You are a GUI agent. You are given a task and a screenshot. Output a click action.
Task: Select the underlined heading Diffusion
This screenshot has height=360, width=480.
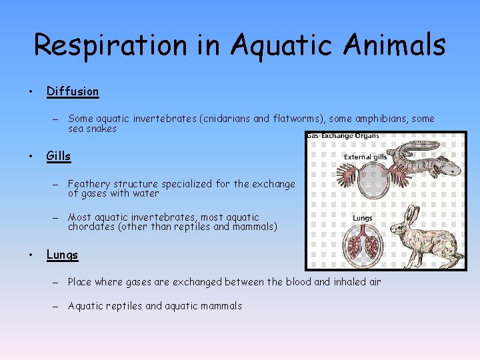click(x=72, y=91)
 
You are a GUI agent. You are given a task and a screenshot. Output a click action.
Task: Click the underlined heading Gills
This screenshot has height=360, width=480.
click(x=58, y=156)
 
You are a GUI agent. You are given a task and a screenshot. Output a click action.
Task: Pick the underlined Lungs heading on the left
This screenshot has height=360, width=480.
click(x=62, y=255)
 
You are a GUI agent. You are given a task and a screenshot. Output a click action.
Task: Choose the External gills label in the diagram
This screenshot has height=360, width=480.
click(x=365, y=157)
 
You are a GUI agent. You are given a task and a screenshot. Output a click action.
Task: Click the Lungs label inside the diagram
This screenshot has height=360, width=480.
click(x=362, y=218)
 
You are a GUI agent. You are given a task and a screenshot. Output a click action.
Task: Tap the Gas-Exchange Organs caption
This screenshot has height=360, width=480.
click(x=343, y=135)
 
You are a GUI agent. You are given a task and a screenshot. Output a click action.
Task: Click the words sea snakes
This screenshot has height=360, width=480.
click(x=92, y=129)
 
